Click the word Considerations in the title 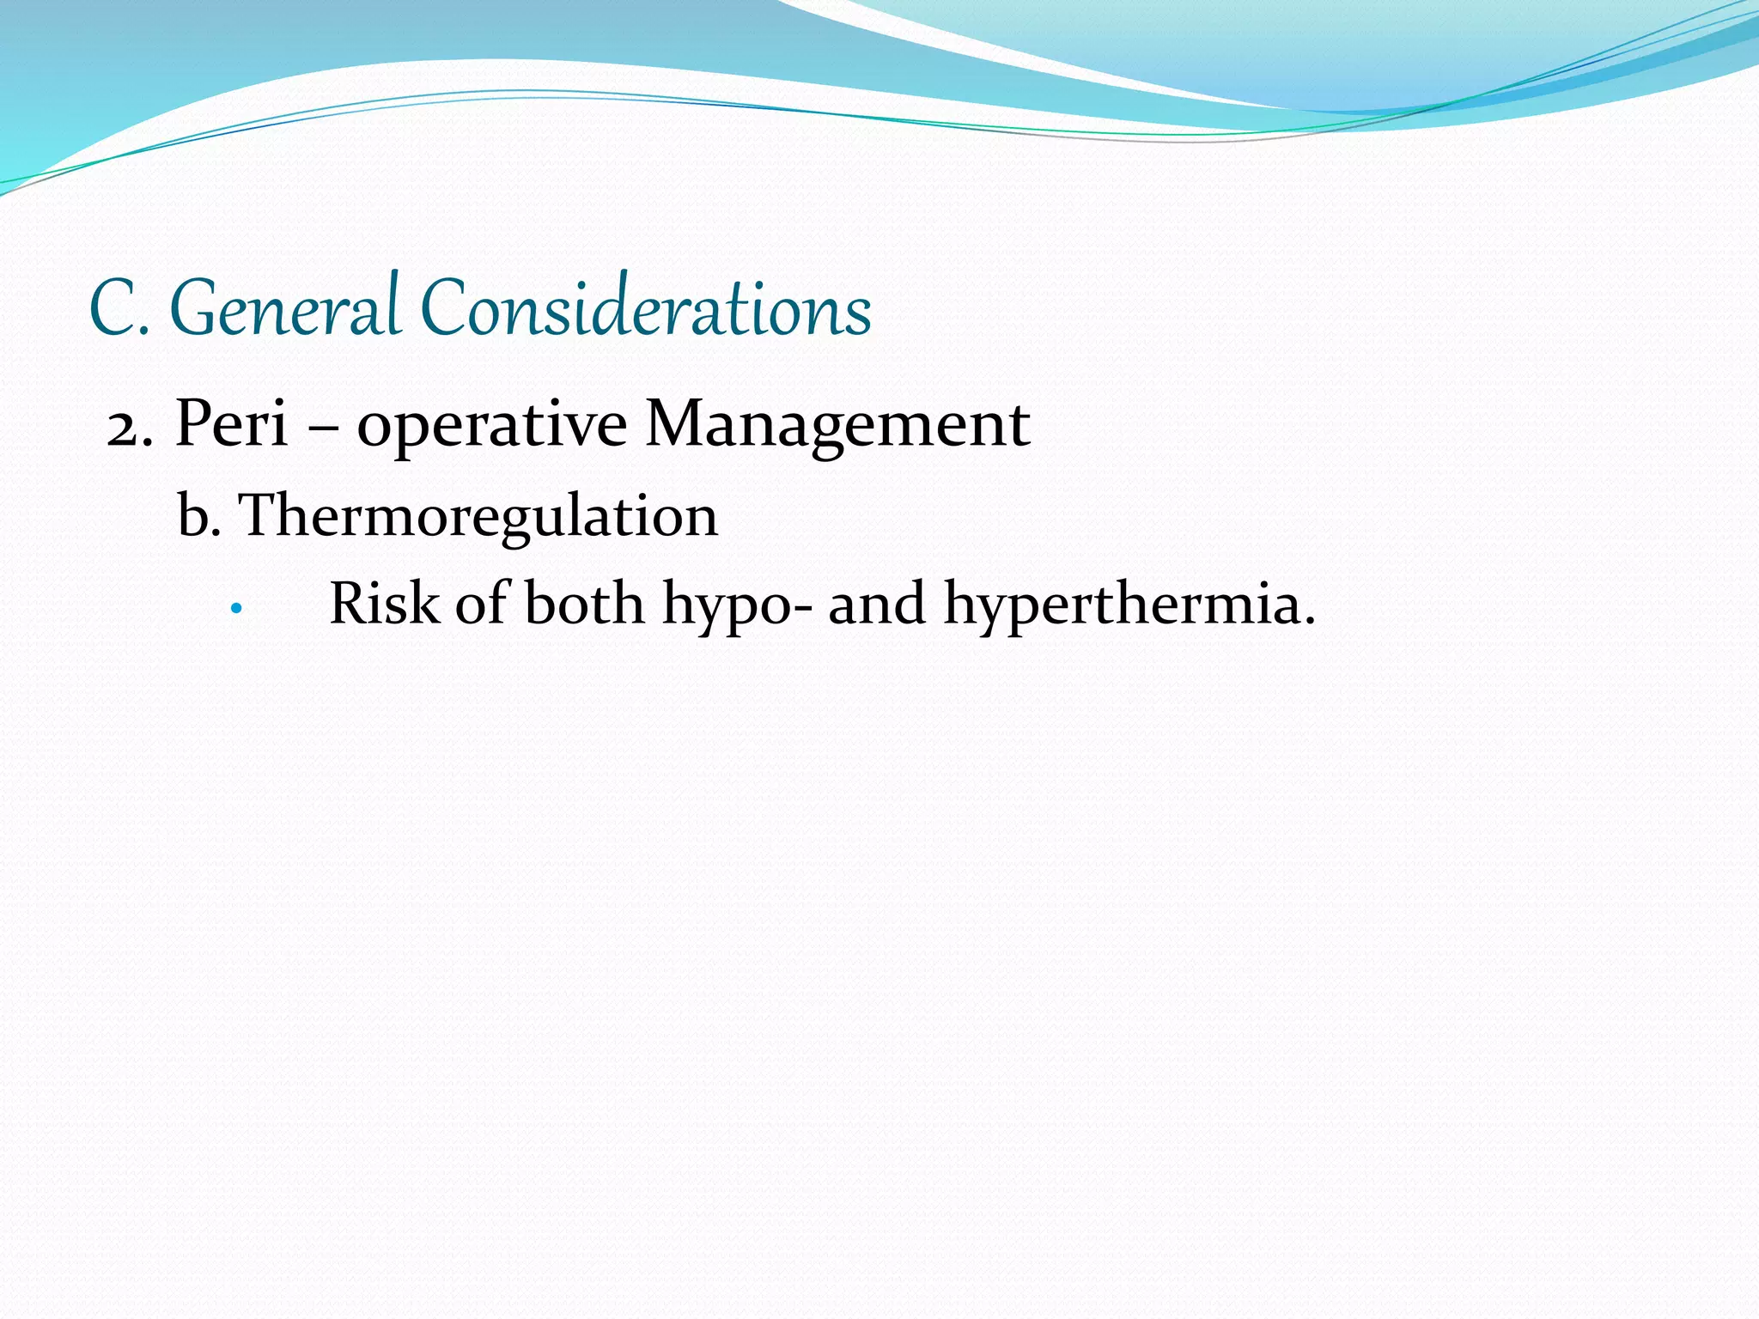tap(646, 308)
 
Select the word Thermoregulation tap(478, 518)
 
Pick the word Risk tap(384, 604)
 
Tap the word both tap(584, 604)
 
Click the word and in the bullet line tap(877, 604)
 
